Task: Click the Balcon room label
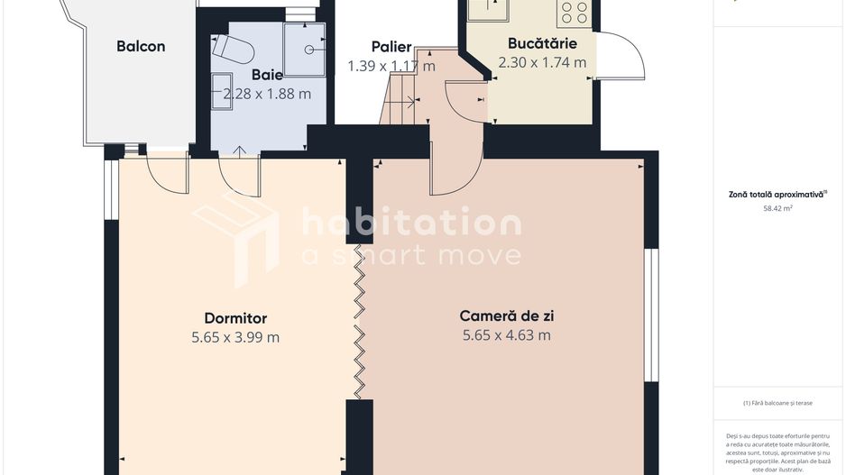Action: pyautogui.click(x=141, y=47)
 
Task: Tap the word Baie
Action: pyautogui.click(x=267, y=75)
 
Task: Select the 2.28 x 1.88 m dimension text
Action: pyautogui.click(x=267, y=94)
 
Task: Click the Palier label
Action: pyautogui.click(x=391, y=47)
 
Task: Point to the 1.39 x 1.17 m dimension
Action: pyautogui.click(x=391, y=66)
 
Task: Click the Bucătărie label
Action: pyautogui.click(x=542, y=43)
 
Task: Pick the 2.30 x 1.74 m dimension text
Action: pyautogui.click(x=542, y=62)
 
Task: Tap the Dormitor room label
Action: pyautogui.click(x=235, y=318)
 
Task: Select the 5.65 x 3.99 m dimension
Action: pyautogui.click(x=235, y=337)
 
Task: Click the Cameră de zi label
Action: pyautogui.click(x=506, y=316)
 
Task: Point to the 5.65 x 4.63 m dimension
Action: pyautogui.click(x=506, y=335)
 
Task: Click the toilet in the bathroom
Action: pyautogui.click(x=229, y=48)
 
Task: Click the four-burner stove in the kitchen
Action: pyautogui.click(x=574, y=12)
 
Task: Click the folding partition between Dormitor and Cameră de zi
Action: pyautogui.click(x=360, y=321)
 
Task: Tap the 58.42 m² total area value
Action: pyautogui.click(x=777, y=208)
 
